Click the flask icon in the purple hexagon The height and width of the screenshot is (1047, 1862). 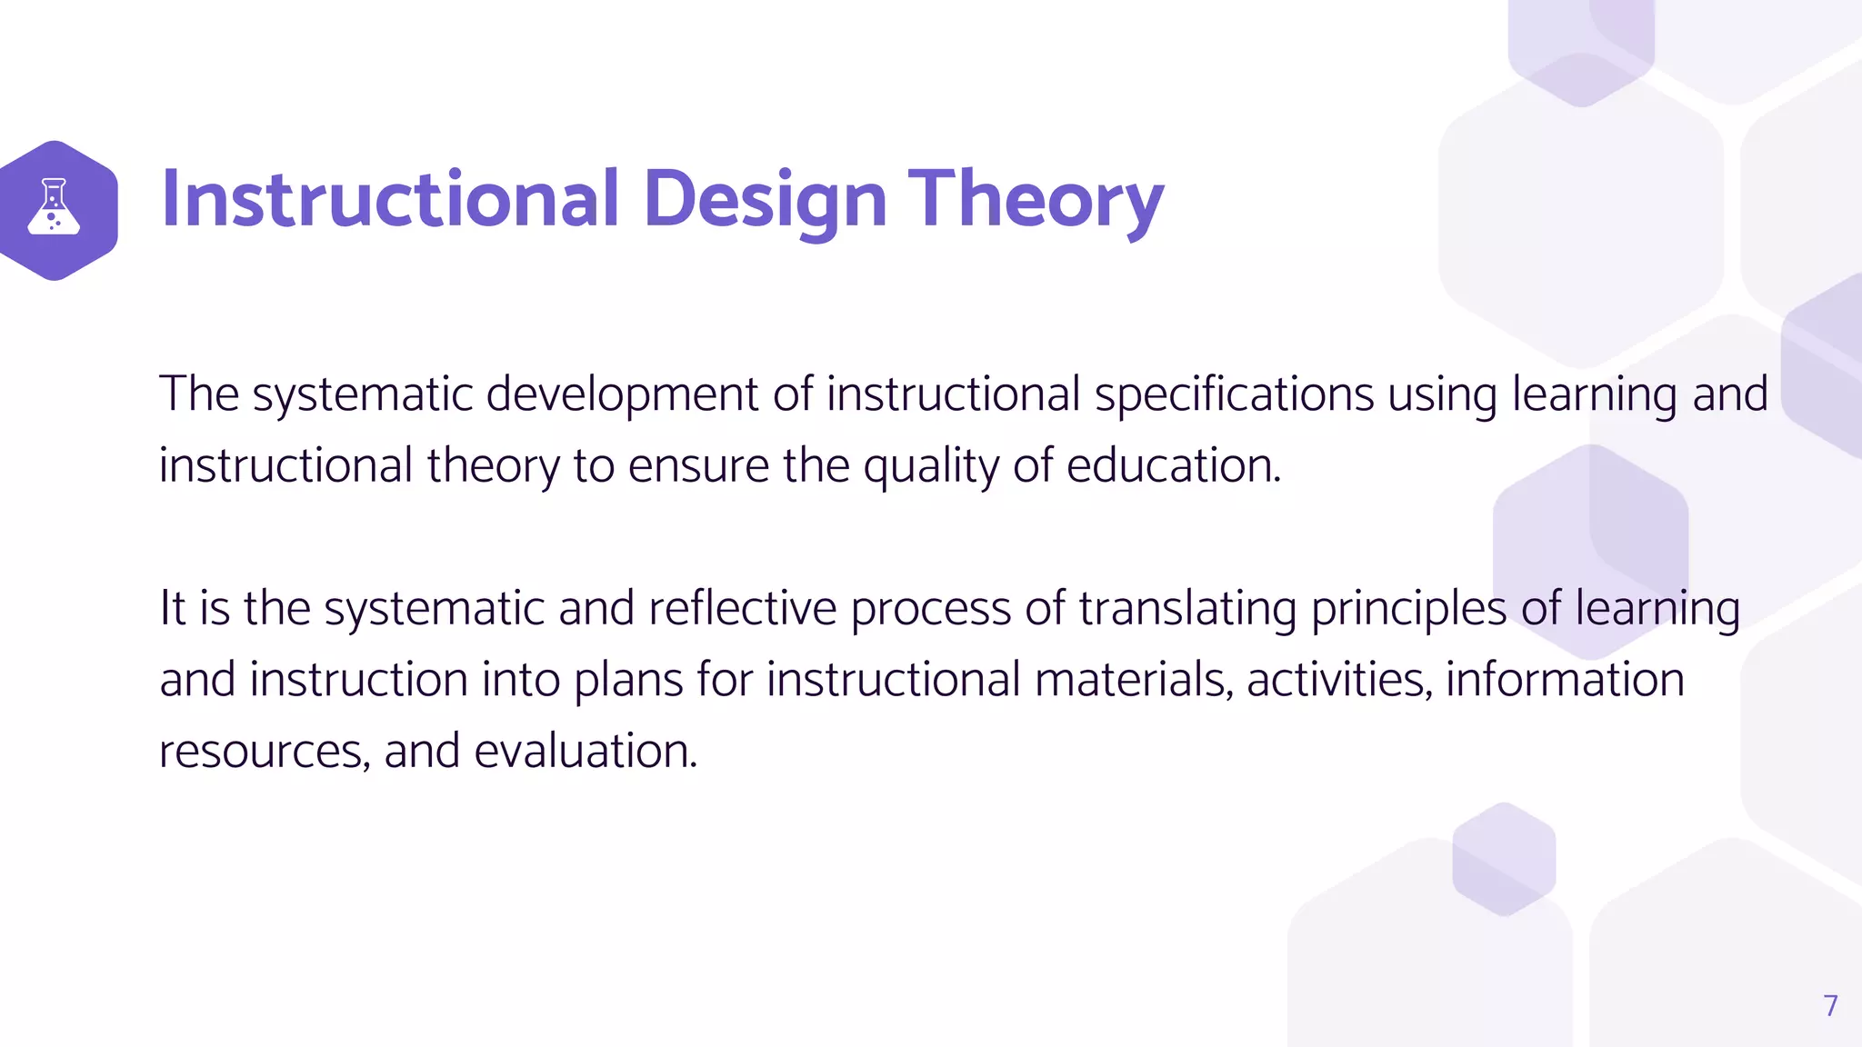click(x=54, y=207)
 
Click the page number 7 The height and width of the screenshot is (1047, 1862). click(x=1830, y=1005)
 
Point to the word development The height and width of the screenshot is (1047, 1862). click(x=622, y=394)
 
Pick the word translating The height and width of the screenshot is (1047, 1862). click(x=1187, y=610)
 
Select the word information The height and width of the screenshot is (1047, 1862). click(x=1565, y=680)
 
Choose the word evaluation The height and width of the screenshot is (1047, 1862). click(x=585, y=751)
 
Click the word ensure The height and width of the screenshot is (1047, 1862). click(x=698, y=467)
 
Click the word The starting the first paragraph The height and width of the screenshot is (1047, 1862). click(x=199, y=394)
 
